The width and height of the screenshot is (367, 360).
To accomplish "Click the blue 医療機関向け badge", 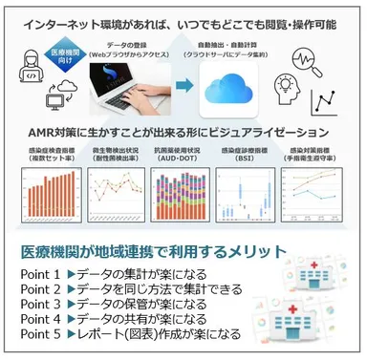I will point(59,56).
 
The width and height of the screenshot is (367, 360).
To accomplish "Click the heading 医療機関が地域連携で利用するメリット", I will point(144,252).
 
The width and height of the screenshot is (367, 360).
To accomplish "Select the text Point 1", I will point(42,274).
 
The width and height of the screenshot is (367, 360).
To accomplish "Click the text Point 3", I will point(42,304).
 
